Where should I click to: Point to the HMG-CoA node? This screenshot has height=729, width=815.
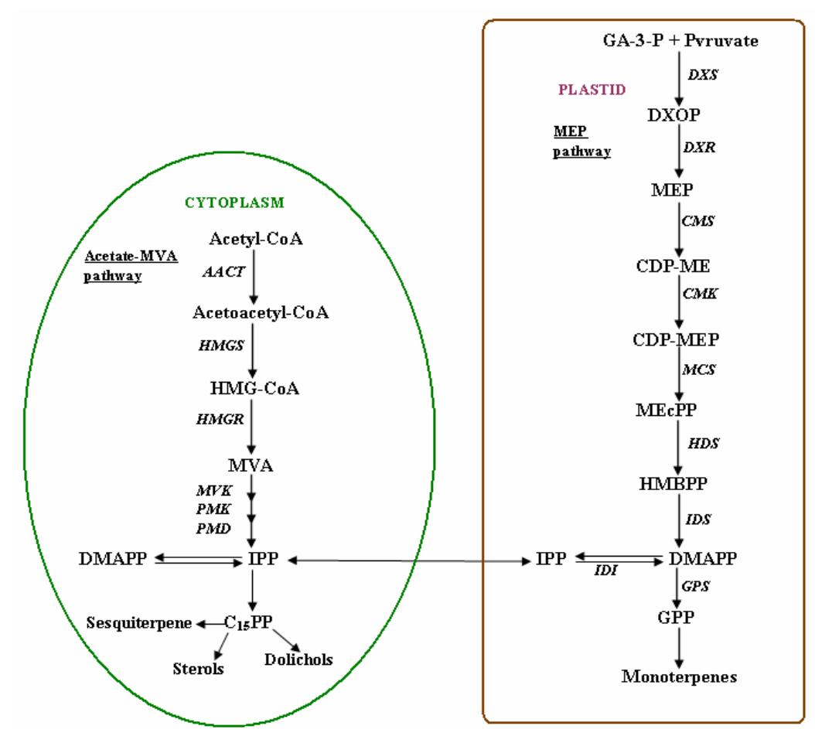(x=252, y=387)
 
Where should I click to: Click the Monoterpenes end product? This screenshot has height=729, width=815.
(x=680, y=677)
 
